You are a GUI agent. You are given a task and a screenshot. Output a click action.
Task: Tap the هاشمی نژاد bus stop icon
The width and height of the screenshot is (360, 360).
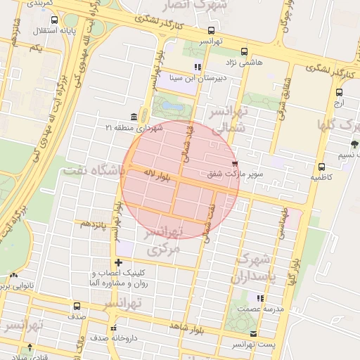(244, 51)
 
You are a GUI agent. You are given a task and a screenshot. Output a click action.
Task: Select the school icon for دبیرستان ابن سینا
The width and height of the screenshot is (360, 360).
(198, 67)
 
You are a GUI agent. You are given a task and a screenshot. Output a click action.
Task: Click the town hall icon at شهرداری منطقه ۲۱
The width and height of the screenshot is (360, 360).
(134, 117)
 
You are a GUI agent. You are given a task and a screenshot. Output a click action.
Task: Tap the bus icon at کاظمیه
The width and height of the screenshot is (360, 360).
(321, 167)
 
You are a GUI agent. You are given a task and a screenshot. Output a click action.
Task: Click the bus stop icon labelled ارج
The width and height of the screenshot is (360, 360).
(339, 92)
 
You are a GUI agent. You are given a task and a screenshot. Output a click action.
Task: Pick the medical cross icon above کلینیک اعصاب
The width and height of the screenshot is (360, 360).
(118, 262)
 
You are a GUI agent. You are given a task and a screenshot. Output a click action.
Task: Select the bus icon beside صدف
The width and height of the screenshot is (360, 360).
(77, 306)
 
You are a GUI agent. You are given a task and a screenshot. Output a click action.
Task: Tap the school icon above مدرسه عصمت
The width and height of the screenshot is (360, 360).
(260, 298)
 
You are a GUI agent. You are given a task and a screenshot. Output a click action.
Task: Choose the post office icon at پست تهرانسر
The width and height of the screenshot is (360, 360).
(253, 334)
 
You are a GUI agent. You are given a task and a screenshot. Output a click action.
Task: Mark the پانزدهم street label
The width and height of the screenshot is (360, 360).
(93, 224)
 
